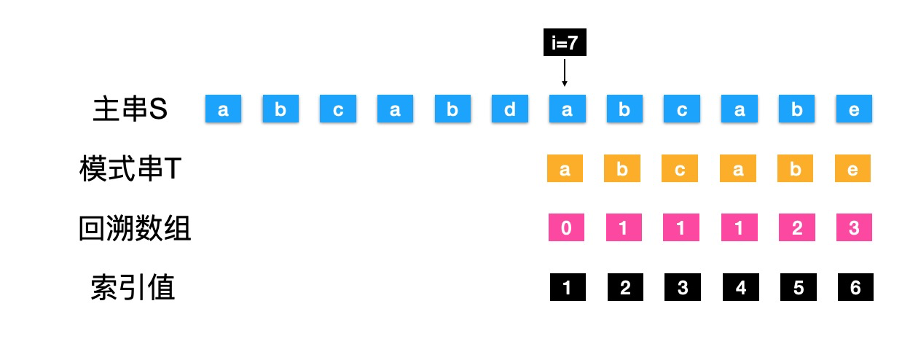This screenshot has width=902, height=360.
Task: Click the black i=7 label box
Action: tap(565, 44)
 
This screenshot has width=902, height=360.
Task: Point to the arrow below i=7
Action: tap(565, 73)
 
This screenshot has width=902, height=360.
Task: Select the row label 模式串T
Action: tap(130, 170)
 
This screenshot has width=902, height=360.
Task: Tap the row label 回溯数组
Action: tap(135, 229)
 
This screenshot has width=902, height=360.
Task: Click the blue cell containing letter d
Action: tap(510, 109)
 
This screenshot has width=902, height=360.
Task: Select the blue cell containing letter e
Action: tap(854, 109)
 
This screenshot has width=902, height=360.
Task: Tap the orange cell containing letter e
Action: tap(853, 169)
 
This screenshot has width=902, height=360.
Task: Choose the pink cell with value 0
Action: tap(566, 228)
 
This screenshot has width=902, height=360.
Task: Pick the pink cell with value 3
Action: tap(854, 228)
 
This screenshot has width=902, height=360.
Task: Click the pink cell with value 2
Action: tap(796, 228)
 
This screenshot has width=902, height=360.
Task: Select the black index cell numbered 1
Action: tap(568, 288)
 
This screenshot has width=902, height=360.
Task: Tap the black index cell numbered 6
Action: tap(855, 288)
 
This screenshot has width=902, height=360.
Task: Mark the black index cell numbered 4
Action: tap(741, 288)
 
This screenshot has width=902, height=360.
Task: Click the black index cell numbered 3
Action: tap(683, 288)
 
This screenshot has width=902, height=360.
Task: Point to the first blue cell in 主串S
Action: tap(223, 109)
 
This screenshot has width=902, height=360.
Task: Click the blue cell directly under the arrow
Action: tap(567, 109)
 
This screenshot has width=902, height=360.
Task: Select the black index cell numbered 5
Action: tap(799, 288)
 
